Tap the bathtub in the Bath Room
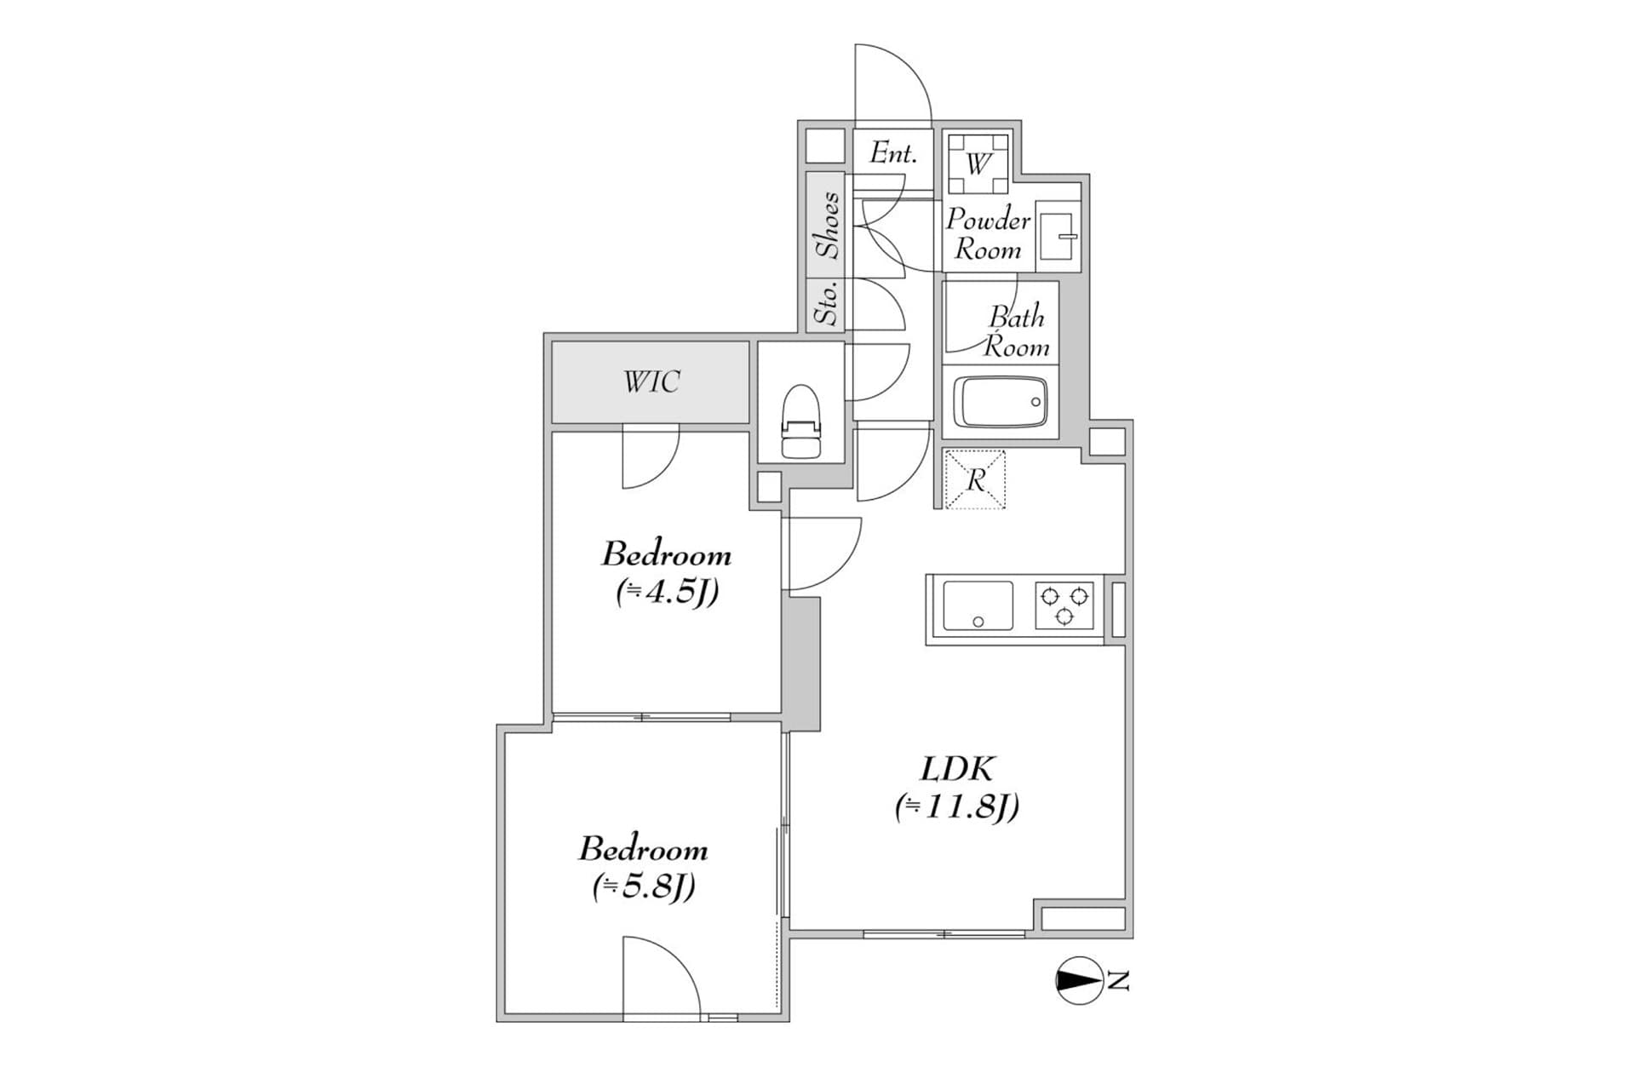pos(1000,403)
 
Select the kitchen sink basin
pos(978,606)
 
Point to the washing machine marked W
pos(978,163)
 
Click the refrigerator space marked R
pos(975,479)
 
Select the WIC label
pos(651,381)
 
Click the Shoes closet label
pos(827,225)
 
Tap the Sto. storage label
pos(825,303)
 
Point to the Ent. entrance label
pos(893,153)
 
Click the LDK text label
pos(957,769)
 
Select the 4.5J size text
pos(668,592)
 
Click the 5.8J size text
pos(645,887)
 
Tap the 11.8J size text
pos(957,806)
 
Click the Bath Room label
pos(1017,332)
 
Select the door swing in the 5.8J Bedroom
pos(662,978)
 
